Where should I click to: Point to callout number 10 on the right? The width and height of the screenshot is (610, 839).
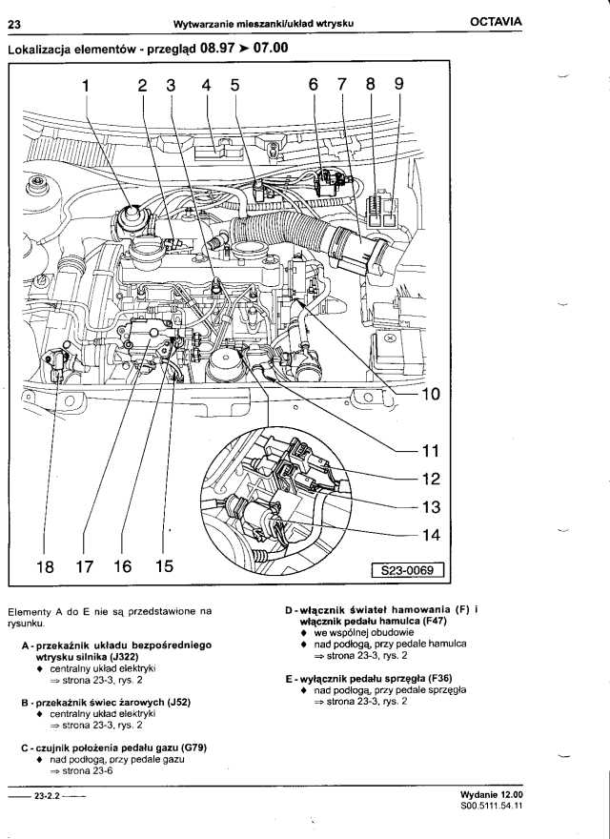click(x=429, y=394)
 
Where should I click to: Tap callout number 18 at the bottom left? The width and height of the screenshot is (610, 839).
click(x=45, y=566)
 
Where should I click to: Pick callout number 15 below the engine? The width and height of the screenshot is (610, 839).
click(x=164, y=566)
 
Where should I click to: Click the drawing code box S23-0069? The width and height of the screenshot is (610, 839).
click(x=407, y=571)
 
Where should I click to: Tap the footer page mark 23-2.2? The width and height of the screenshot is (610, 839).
click(x=47, y=795)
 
